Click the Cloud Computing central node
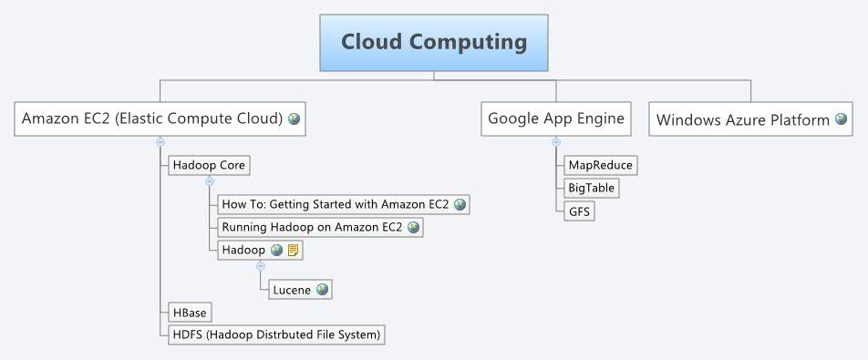click(434, 43)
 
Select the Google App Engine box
click(556, 118)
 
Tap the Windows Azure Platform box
click(742, 119)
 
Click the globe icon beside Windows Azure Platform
click(841, 119)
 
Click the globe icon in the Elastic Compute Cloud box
click(294, 118)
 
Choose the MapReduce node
click(599, 165)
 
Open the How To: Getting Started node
click(336, 204)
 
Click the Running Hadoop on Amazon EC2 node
click(312, 227)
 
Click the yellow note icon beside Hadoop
click(293, 250)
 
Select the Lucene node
click(292, 290)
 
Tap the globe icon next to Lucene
click(321, 290)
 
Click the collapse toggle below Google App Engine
click(555, 141)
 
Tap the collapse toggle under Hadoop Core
click(209, 181)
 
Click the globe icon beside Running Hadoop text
click(414, 227)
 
